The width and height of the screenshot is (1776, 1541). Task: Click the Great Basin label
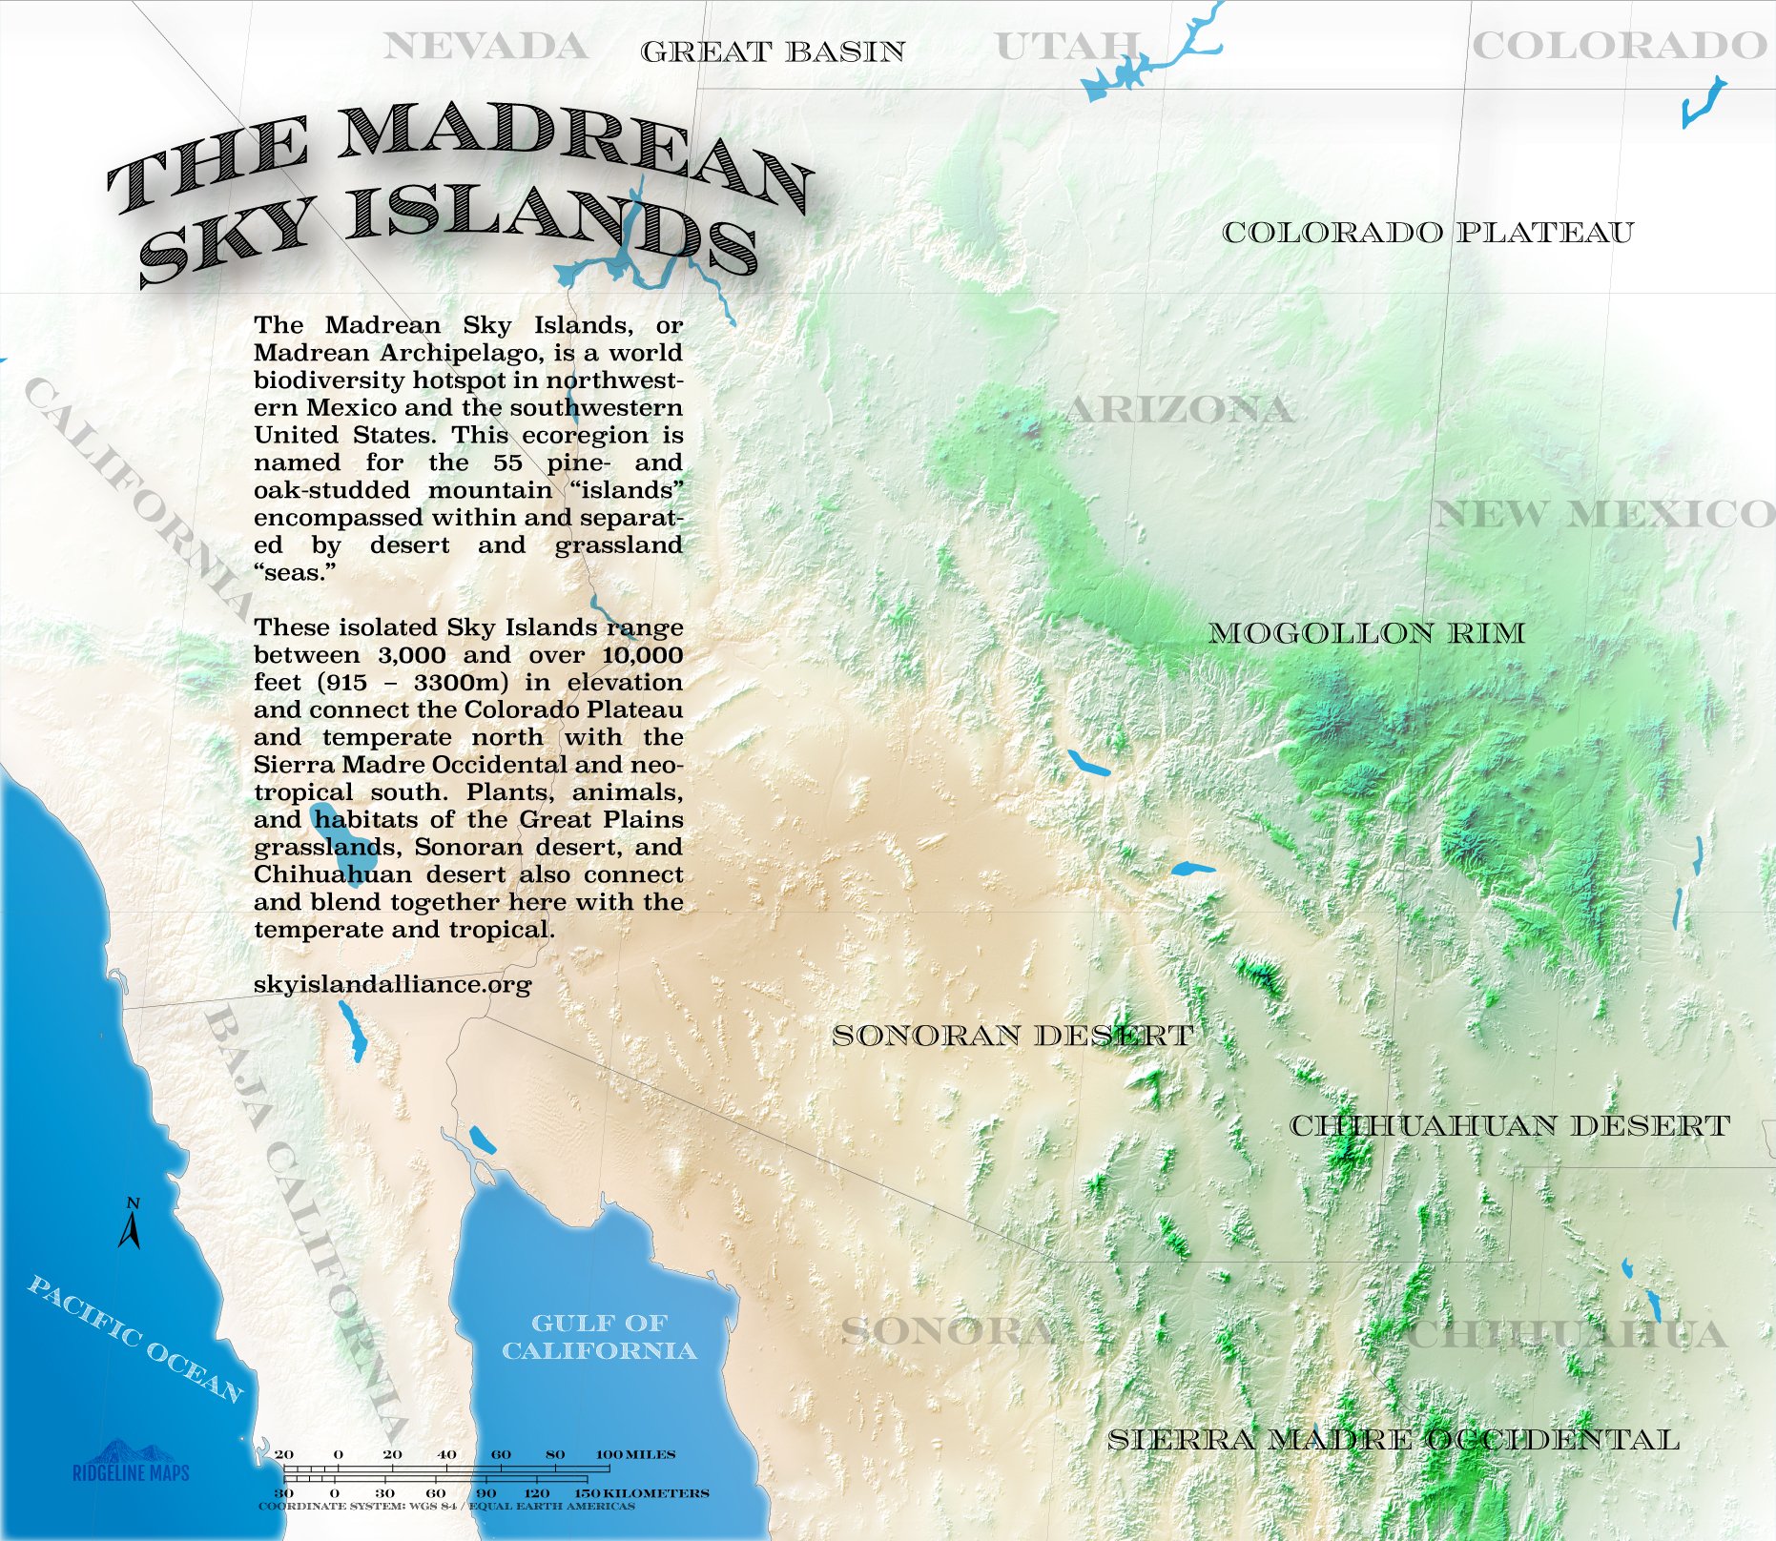[x=773, y=51]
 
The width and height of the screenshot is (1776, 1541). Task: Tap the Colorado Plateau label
[x=1428, y=233]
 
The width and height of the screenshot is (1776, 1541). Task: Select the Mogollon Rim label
[x=1366, y=633]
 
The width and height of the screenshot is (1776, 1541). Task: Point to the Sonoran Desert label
[x=1012, y=1036]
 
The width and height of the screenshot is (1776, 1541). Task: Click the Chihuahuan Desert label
[x=1509, y=1126]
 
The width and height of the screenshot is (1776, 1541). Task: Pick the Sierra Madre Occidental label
[x=1393, y=1440]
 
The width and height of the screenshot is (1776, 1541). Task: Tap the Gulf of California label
[x=599, y=1337]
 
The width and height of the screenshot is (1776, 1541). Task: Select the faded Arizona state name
[x=1179, y=410]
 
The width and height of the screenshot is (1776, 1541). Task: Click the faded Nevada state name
[x=485, y=46]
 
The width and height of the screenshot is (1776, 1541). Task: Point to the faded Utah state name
[x=1066, y=46]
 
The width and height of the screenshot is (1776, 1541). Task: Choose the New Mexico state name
[x=1602, y=515]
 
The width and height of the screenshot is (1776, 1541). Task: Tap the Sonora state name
[x=947, y=1331]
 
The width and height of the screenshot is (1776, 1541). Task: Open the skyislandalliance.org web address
[x=392, y=984]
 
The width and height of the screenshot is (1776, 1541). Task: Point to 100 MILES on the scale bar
[x=635, y=1454]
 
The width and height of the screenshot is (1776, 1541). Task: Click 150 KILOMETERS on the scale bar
[x=641, y=1492]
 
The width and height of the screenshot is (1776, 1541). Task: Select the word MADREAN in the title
[x=572, y=153]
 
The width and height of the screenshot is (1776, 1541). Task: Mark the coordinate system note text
[x=446, y=1507]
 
